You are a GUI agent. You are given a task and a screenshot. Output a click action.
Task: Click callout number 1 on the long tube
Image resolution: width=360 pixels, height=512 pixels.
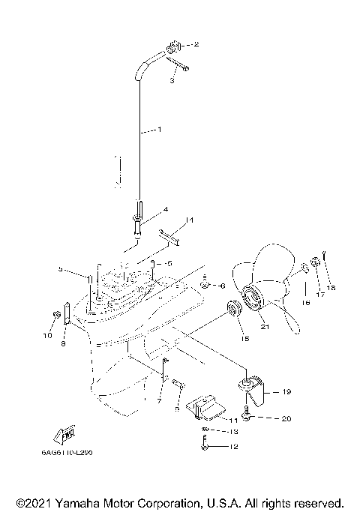(158, 130)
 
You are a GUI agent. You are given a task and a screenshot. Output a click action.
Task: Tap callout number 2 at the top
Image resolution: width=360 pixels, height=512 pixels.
(196, 45)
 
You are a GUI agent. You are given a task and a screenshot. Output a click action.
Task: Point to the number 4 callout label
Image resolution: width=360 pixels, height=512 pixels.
(165, 210)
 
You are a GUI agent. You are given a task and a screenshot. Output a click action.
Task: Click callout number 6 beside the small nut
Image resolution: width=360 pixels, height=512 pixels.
(222, 285)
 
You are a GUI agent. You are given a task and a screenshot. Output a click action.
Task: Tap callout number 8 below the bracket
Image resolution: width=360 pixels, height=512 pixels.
(64, 344)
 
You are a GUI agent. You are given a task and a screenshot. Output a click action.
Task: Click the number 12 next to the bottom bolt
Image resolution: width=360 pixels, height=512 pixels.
(234, 448)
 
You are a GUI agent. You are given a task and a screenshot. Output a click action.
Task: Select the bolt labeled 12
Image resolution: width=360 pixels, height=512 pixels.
(206, 447)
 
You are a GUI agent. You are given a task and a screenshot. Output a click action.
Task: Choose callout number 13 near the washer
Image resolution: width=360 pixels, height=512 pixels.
(234, 432)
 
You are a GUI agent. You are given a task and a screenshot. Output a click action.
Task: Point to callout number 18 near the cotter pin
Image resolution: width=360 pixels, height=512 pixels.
(331, 287)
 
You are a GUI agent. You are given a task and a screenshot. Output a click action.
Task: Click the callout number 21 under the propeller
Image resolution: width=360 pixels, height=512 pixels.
(264, 326)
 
